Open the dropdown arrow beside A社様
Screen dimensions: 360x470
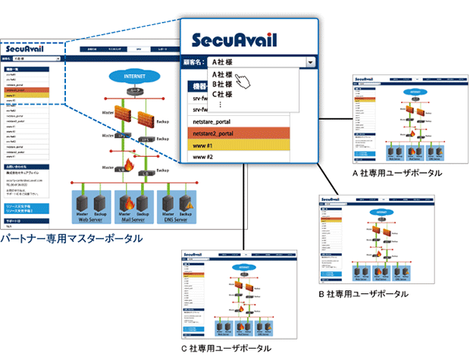coord(310,63)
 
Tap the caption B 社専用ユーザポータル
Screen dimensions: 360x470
coord(364,293)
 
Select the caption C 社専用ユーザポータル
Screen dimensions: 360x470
coord(227,348)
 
